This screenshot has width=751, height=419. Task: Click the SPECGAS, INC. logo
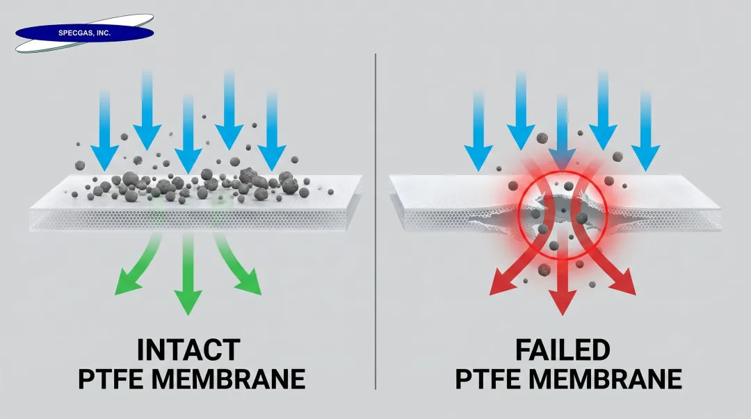[x=83, y=33]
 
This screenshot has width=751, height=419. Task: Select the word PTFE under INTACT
[x=114, y=379]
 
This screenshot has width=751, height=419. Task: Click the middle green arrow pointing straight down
[x=187, y=278]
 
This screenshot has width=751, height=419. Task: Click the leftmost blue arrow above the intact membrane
[x=105, y=132]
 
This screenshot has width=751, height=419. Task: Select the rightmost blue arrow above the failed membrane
[x=646, y=132]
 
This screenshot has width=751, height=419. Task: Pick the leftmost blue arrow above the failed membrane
[x=478, y=132]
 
